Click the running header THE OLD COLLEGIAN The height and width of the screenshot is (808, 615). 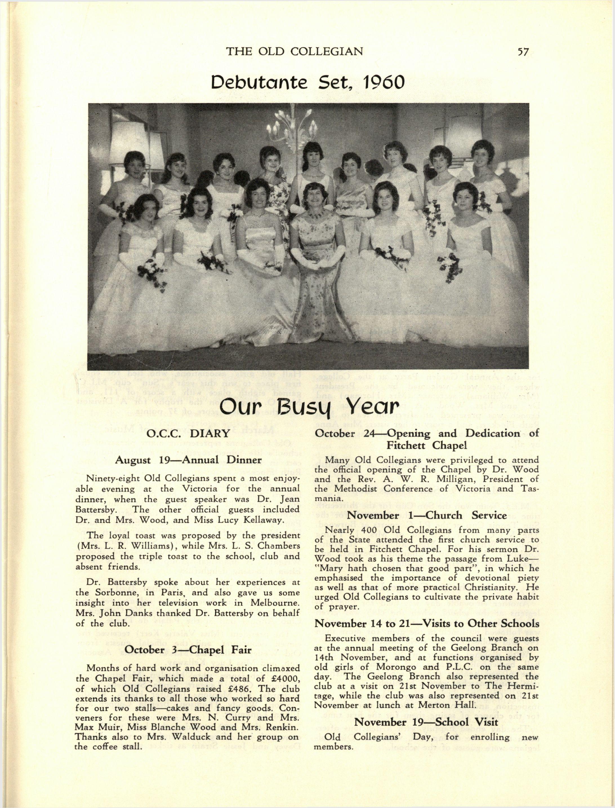(x=294, y=51)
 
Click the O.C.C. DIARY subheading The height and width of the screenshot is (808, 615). (x=188, y=434)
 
